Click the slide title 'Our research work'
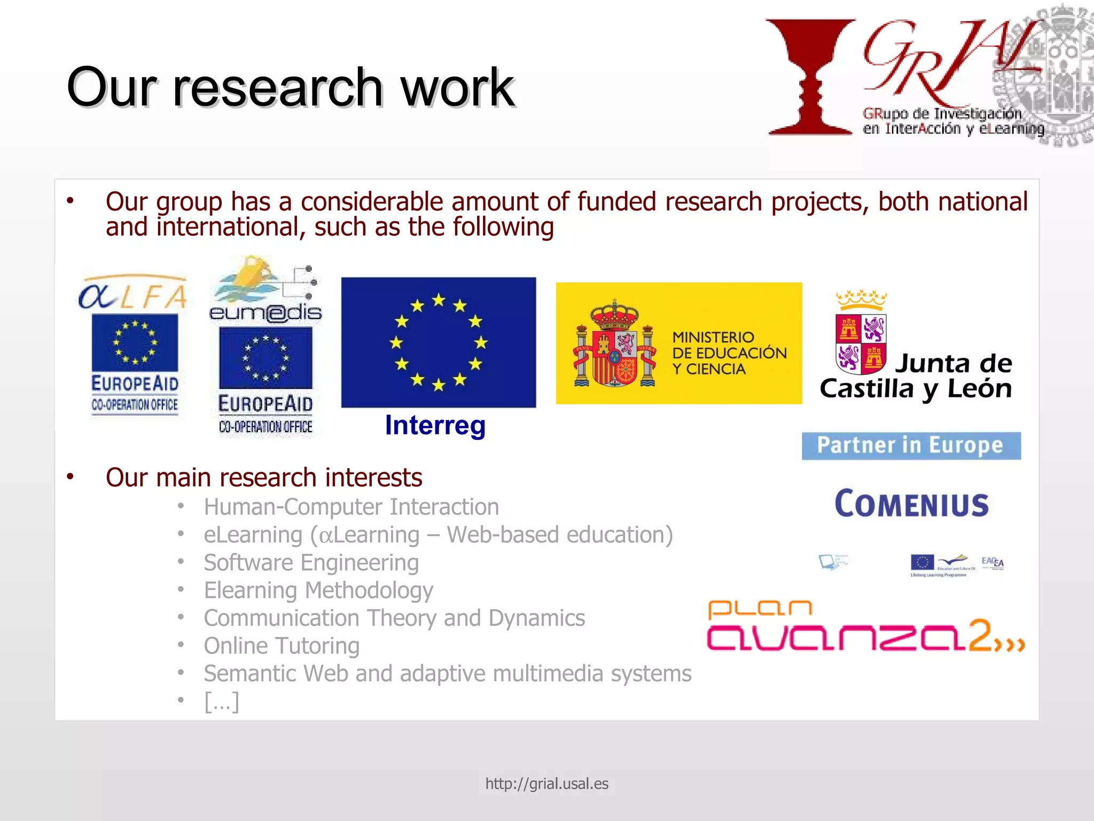tap(291, 87)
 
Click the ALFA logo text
tap(133, 296)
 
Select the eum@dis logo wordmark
tap(265, 312)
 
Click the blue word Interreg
tap(435, 425)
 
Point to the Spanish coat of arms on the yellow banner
tap(614, 344)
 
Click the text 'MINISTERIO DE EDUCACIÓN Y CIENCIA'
tap(729, 353)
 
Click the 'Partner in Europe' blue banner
tap(911, 446)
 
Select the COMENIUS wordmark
tap(912, 504)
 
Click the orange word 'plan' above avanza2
tap(760, 609)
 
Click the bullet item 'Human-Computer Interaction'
tap(351, 507)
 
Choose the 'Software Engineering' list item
tap(311, 562)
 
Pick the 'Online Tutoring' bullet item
tap(282, 646)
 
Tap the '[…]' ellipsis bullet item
tap(221, 701)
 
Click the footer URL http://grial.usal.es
tap(546, 784)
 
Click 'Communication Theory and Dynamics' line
tap(394, 618)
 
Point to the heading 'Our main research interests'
tap(264, 477)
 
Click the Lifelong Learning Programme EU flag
tap(922, 562)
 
